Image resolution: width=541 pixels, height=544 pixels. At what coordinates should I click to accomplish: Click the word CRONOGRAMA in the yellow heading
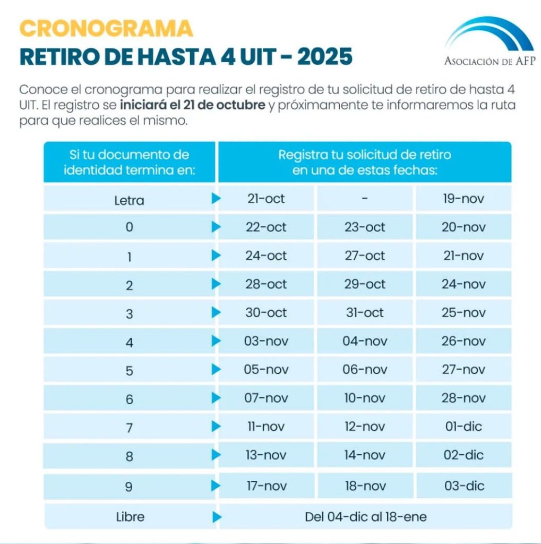(106, 28)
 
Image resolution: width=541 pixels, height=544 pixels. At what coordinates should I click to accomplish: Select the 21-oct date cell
(266, 199)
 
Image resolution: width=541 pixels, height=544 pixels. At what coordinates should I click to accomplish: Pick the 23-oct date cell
(365, 227)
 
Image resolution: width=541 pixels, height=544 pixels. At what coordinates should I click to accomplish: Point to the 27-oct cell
(365, 256)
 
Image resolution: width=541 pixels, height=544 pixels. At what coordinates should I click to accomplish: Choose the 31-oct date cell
(365, 313)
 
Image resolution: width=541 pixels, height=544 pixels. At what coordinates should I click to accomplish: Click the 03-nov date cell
(266, 341)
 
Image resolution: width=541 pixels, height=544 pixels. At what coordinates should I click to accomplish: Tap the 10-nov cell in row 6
(365, 398)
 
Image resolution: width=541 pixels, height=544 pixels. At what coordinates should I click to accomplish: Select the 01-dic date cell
(463, 427)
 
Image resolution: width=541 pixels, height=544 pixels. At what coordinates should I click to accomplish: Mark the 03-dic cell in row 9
(463, 486)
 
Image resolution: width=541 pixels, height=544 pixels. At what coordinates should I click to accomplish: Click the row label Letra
(129, 201)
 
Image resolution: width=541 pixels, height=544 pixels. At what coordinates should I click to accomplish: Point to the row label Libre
(130, 516)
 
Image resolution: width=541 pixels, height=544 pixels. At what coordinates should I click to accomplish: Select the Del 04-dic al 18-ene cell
(365, 516)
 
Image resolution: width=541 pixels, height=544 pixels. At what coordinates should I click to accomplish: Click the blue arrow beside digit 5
(216, 369)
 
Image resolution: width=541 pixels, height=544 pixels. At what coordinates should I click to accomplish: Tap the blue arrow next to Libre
(216, 516)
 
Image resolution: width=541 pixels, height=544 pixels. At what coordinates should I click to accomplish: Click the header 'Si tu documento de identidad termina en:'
(129, 162)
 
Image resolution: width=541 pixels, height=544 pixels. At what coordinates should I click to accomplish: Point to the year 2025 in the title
(324, 57)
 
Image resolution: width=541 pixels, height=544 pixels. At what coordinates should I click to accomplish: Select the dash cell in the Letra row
(365, 199)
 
